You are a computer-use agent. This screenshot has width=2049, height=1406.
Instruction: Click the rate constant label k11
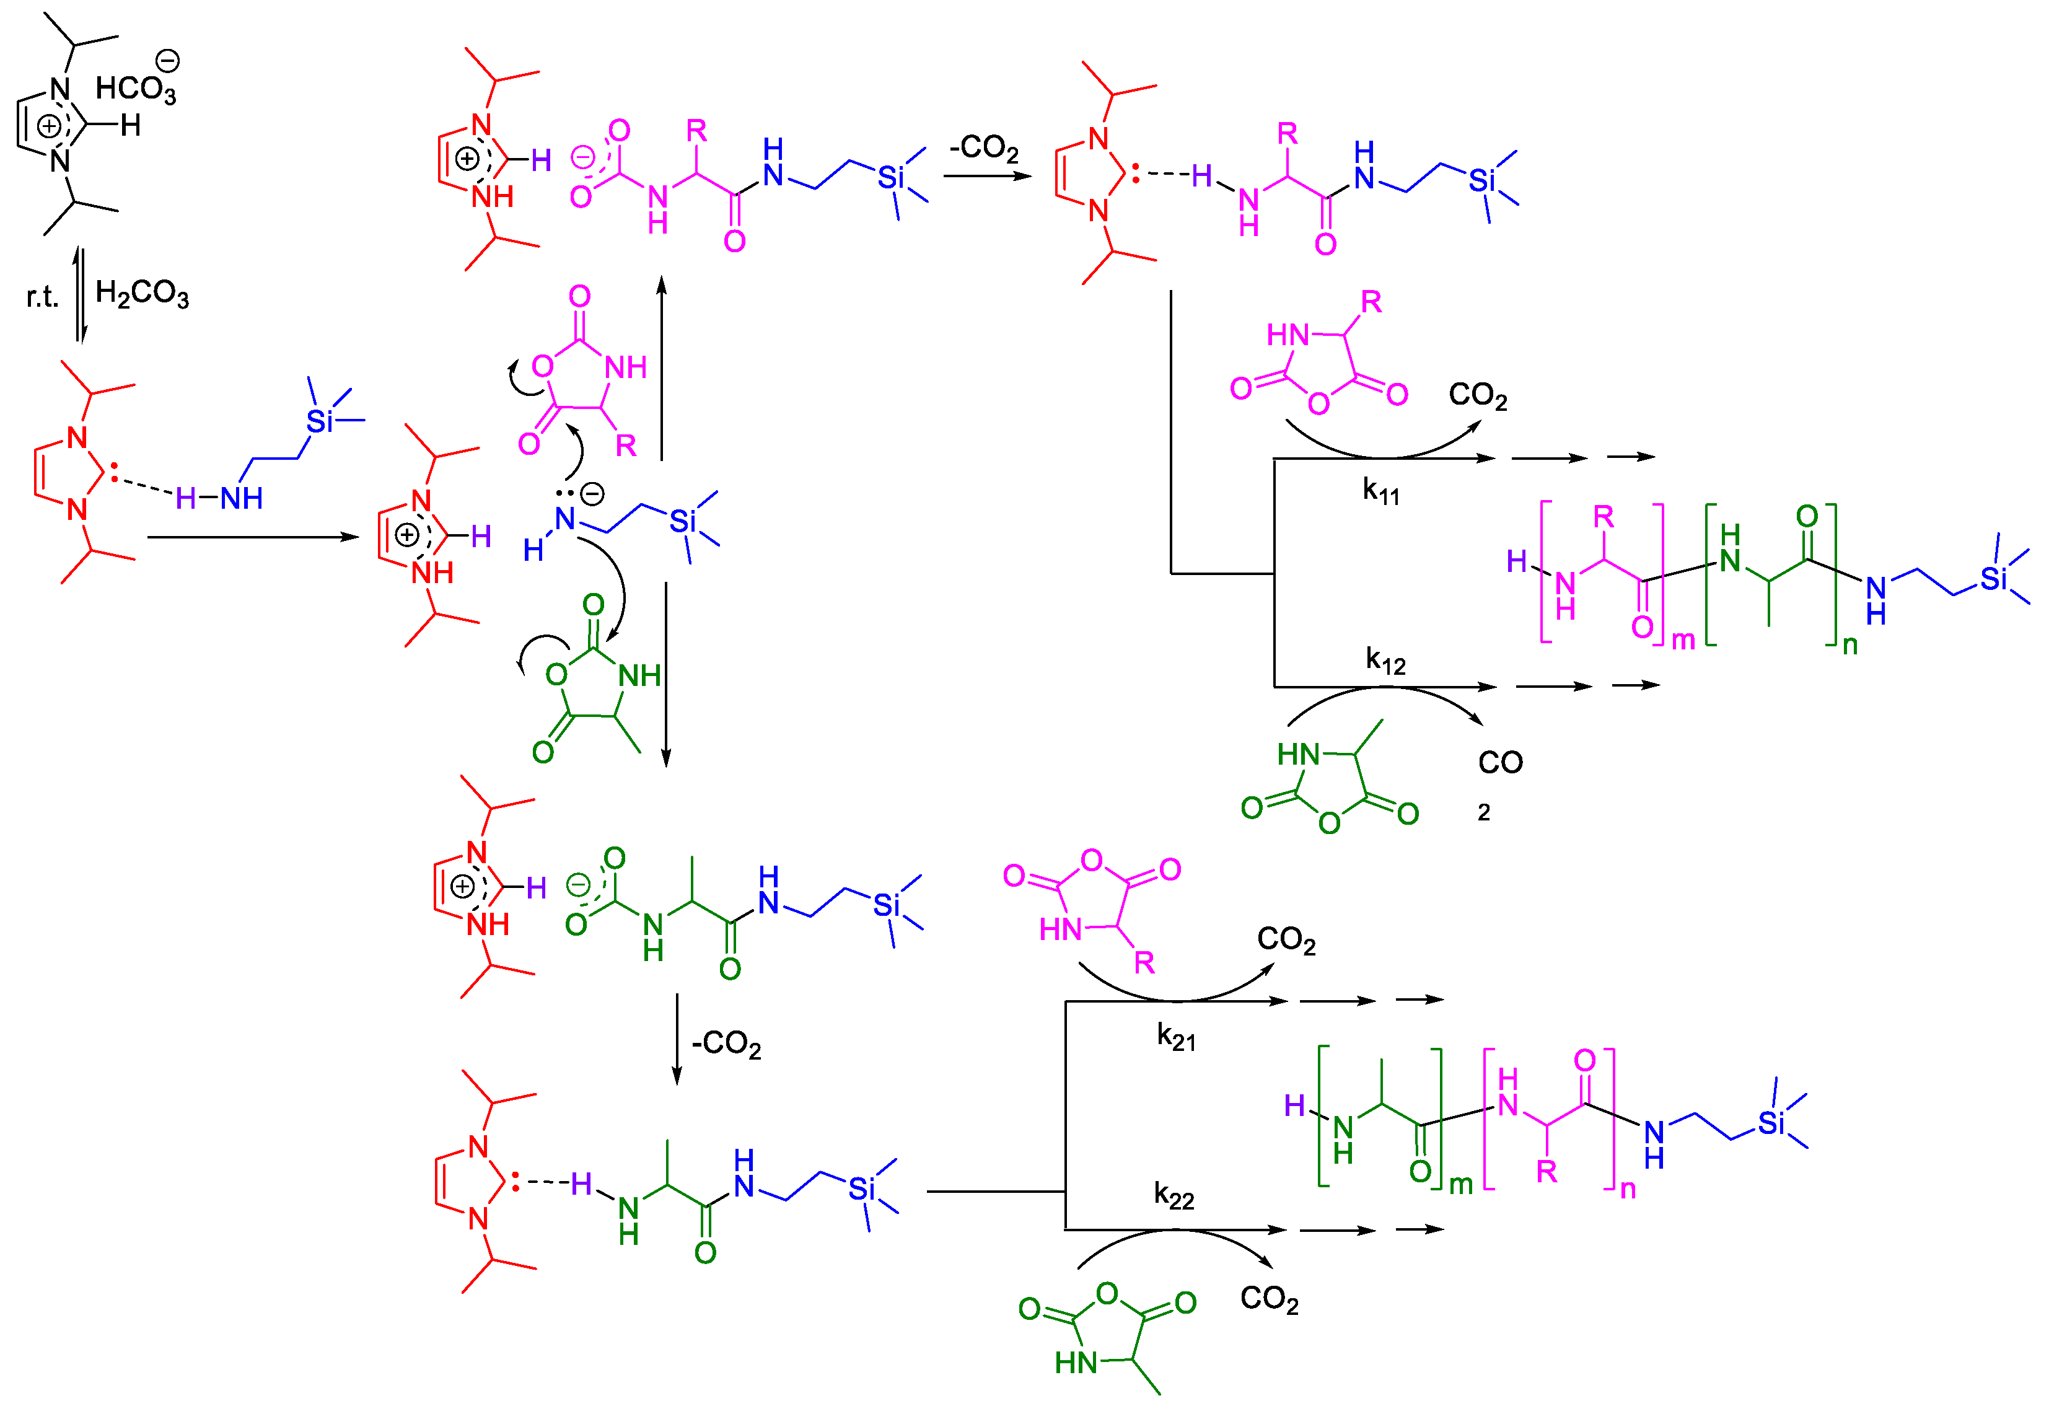click(x=1380, y=491)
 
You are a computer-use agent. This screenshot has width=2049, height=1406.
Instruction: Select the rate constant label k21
click(x=1176, y=1037)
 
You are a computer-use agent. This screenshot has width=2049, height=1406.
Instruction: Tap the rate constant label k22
click(x=1174, y=1195)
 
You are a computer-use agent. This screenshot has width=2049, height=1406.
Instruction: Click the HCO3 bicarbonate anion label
click(x=135, y=89)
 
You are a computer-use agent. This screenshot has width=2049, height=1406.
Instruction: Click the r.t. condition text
click(x=42, y=297)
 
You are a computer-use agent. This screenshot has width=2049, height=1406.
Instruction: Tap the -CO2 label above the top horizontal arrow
click(x=984, y=147)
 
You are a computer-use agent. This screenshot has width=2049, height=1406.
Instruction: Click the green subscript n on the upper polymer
click(x=1849, y=645)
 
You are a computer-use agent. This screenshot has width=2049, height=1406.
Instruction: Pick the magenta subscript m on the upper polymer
click(x=1683, y=640)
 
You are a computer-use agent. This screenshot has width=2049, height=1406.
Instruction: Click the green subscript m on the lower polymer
click(x=1461, y=1185)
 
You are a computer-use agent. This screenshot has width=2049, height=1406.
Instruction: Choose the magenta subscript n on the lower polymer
click(x=1628, y=1190)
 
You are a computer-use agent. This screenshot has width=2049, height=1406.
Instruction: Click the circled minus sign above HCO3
click(x=167, y=61)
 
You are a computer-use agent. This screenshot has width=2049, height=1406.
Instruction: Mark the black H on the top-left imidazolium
click(x=131, y=126)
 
